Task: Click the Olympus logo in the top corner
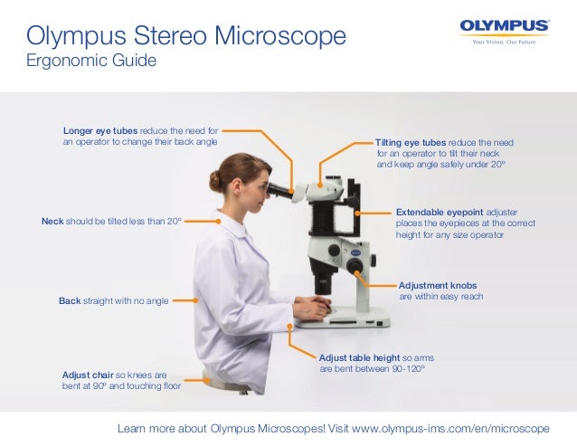click(x=504, y=25)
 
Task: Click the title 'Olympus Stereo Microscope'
click(x=186, y=36)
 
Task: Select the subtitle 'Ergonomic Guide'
click(x=91, y=62)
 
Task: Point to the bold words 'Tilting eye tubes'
click(x=411, y=143)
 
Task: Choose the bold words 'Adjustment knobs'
click(x=438, y=284)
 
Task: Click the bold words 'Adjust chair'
click(x=88, y=374)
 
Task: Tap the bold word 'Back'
click(x=70, y=299)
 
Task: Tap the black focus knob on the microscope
click(x=355, y=267)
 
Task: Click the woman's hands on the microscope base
click(x=312, y=309)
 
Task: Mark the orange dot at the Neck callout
click(x=218, y=220)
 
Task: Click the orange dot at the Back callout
click(x=195, y=299)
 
